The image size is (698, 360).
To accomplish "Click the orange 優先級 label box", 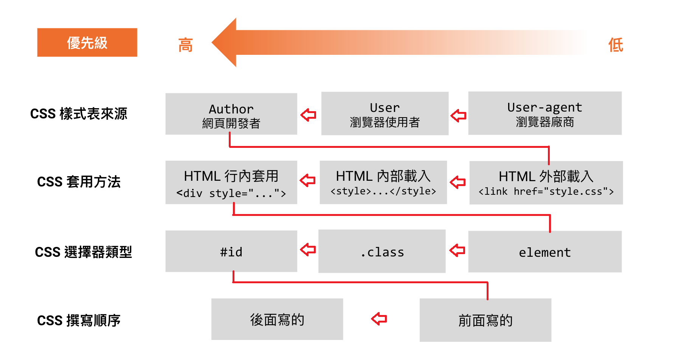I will pos(87,42).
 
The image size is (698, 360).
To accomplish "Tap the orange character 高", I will pos(186,45).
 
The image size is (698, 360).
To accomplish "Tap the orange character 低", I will pos(616,45).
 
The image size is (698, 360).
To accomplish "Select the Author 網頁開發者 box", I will pos(231,114).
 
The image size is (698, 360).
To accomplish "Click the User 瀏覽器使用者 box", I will pos(385,113).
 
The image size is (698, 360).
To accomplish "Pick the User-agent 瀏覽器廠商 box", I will pos(544,113).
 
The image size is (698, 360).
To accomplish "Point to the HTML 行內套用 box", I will pos(231,182).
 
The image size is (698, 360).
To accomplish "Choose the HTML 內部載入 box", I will pos(383,182).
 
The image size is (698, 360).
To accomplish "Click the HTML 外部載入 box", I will pos(546,183).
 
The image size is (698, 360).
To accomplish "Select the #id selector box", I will pos(231,251).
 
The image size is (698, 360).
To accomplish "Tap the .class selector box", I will pos(382,251).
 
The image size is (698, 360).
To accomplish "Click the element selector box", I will pos(544,251).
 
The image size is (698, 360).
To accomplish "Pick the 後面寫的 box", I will pos(277,319).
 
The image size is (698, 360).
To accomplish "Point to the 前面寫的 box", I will pos(485,320).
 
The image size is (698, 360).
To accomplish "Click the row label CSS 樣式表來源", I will pos(79,114).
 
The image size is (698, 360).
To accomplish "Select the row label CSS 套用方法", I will pos(79,182).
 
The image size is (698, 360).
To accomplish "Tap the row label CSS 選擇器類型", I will pos(83,252).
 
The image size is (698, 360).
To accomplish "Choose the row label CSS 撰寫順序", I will pos(79,321).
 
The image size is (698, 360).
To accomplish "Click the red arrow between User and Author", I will pos(309,115).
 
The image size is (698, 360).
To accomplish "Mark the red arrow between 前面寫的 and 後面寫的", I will pos(379,319).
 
